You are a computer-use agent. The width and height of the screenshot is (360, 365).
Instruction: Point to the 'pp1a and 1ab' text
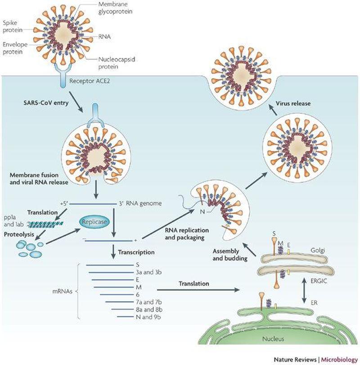pos(12,219)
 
